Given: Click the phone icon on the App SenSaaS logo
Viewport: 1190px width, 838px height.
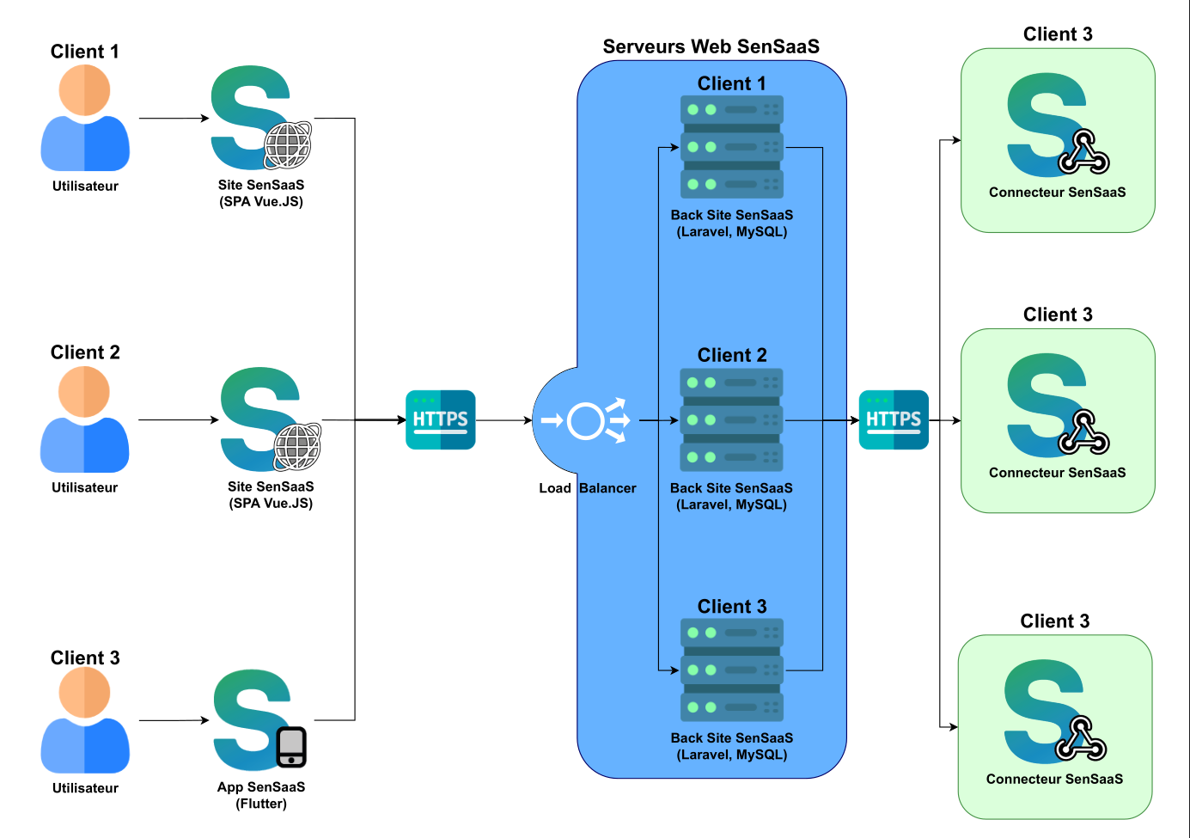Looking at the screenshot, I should click(x=291, y=747).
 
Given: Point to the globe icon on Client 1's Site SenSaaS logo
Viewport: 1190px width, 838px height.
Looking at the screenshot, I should click(x=288, y=144).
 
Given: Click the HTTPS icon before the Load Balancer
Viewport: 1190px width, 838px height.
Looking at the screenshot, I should click(x=440, y=419).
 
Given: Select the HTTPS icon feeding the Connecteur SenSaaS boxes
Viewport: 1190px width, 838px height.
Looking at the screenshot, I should click(x=894, y=419).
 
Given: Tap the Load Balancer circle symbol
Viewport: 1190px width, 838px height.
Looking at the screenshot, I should click(x=586, y=421).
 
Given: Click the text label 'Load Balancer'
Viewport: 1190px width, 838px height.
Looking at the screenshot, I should click(x=588, y=488).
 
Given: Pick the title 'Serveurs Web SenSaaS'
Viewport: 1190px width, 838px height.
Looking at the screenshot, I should click(x=711, y=46).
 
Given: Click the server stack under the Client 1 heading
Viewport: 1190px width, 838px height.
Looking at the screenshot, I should click(x=732, y=147).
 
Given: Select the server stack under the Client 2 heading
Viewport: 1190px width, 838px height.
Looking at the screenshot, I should click(x=732, y=419).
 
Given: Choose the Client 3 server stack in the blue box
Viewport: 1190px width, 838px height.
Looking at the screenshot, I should click(x=732, y=670).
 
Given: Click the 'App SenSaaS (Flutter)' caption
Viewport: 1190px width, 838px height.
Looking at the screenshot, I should click(x=261, y=795).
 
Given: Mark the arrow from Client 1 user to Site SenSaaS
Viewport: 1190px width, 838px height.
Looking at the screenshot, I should click(x=174, y=119).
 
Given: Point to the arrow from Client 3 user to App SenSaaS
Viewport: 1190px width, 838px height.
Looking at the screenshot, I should click(x=174, y=720).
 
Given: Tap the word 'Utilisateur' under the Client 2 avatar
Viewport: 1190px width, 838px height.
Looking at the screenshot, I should click(x=84, y=487).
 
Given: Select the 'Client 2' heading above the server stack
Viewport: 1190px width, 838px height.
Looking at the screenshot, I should click(x=732, y=355).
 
